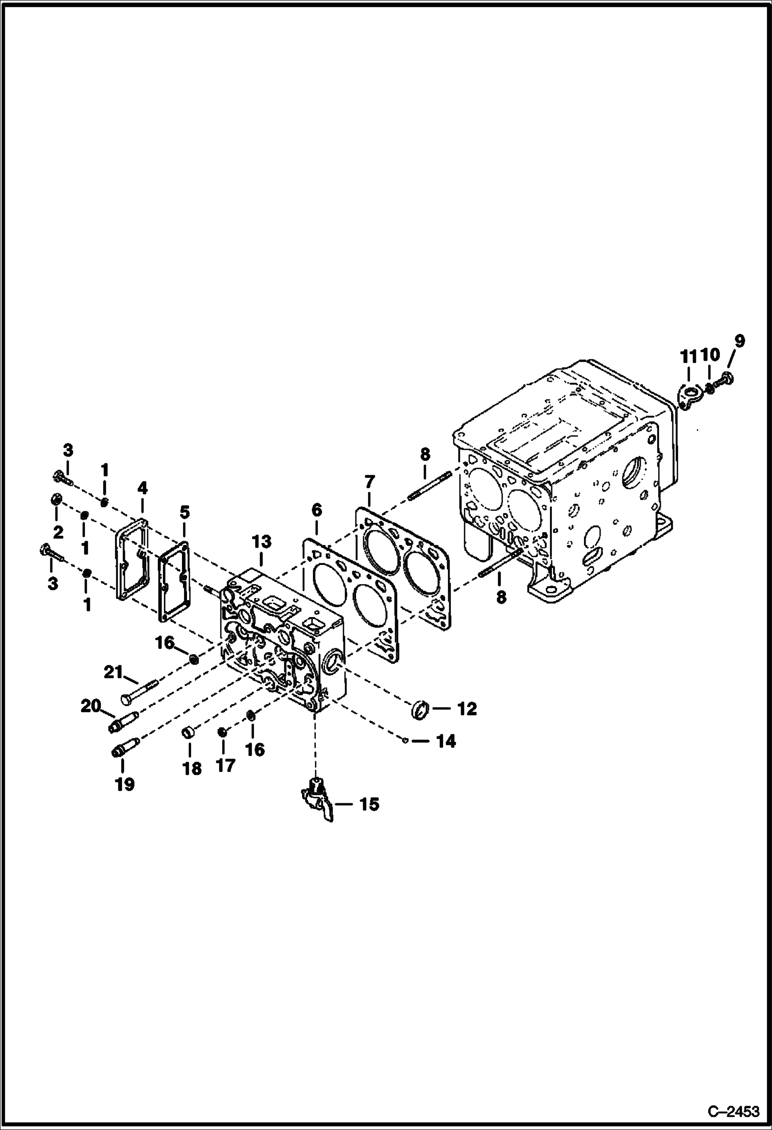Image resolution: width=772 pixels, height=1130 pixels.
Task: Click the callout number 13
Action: [261, 541]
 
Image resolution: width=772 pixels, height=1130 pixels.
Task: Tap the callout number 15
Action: [369, 804]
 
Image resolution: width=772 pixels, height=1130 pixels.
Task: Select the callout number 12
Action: [467, 709]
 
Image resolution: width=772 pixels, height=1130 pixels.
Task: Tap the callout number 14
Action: [446, 742]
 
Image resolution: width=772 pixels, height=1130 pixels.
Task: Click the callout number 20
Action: [90, 706]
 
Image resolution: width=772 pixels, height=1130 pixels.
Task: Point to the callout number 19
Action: [125, 784]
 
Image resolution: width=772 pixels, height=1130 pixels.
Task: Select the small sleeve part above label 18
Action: [188, 732]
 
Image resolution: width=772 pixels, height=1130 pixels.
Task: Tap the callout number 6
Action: [316, 510]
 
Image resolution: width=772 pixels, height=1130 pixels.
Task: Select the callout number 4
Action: [142, 488]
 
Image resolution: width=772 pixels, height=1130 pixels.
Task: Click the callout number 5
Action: [184, 512]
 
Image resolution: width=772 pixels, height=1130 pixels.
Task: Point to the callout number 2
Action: [58, 532]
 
